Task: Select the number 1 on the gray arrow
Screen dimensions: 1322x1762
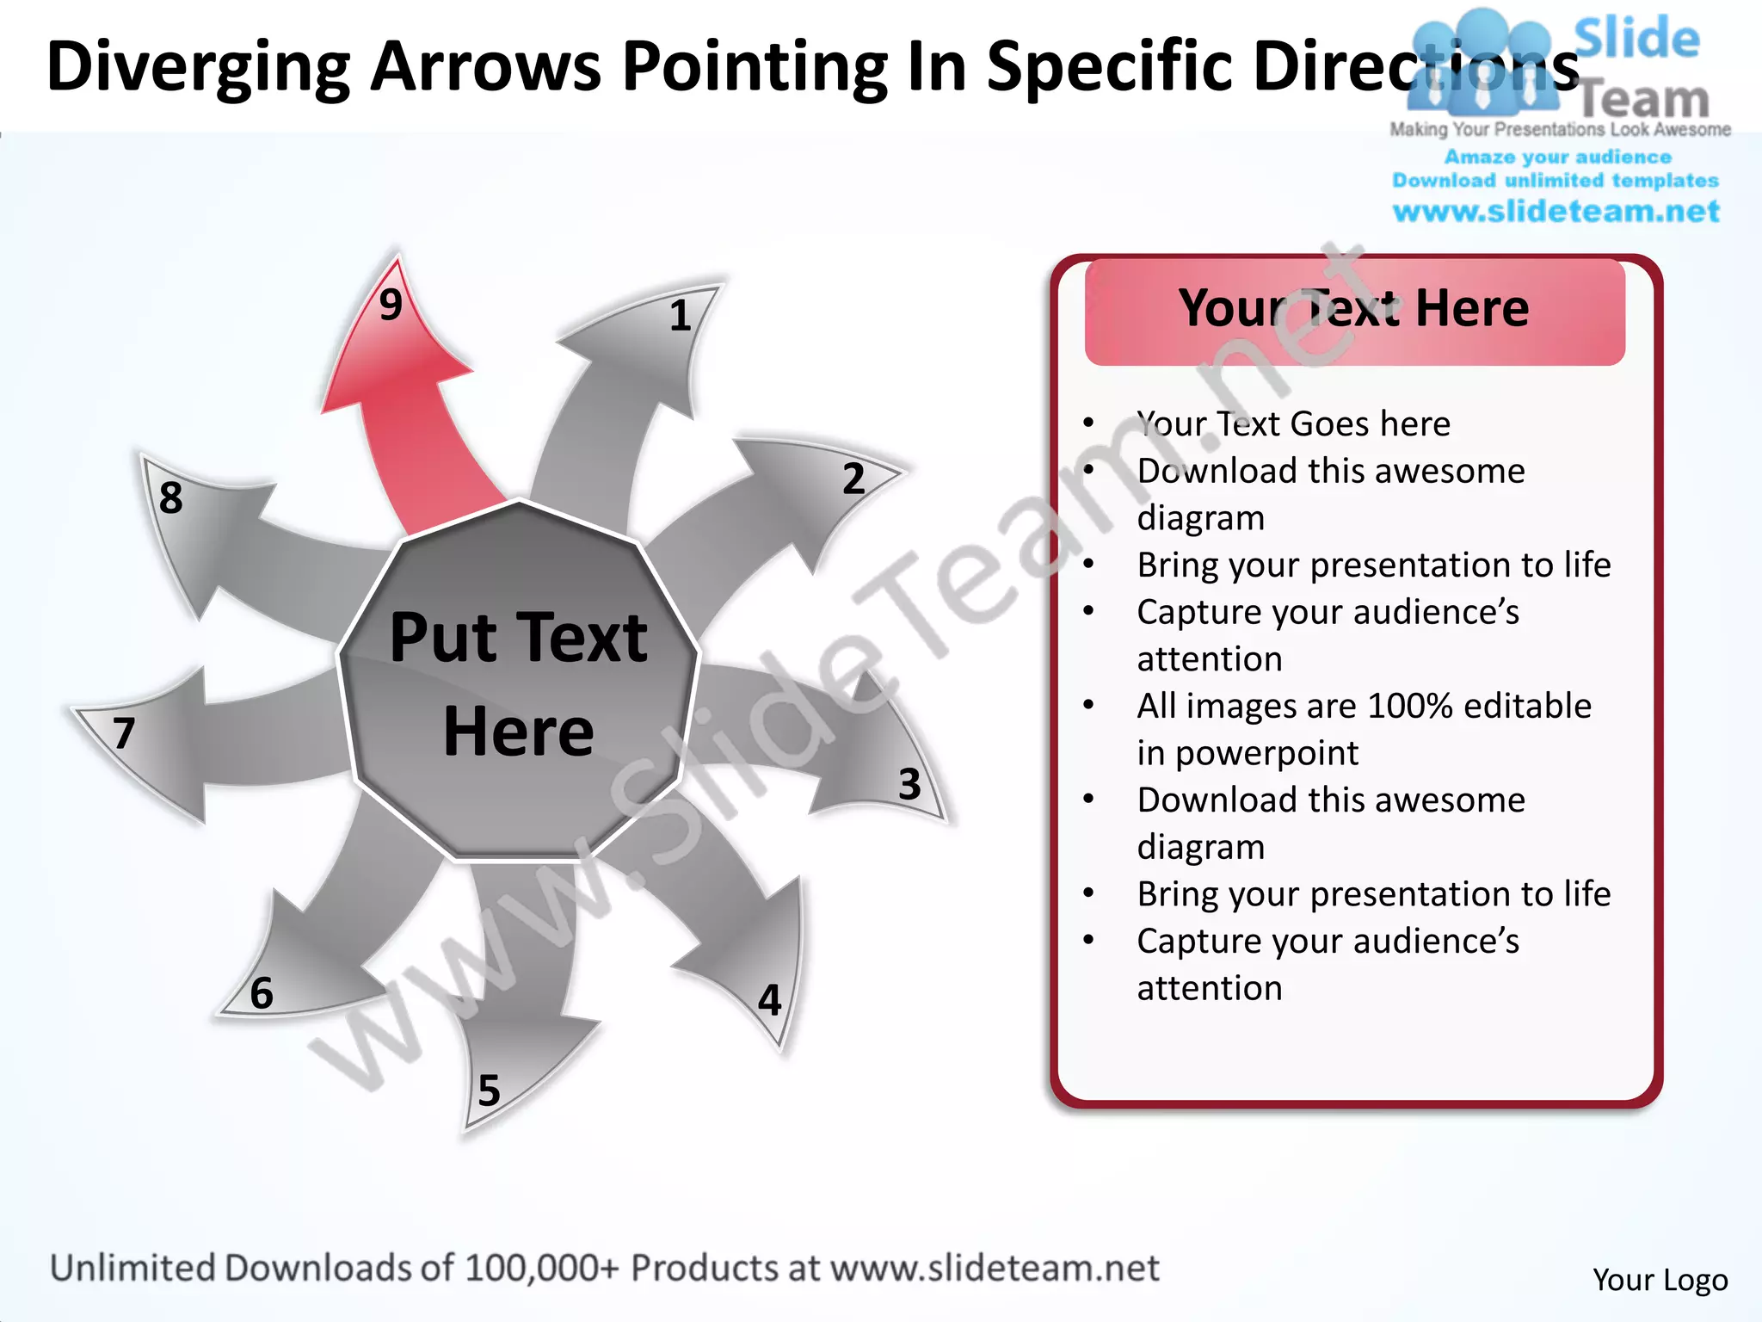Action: point(680,316)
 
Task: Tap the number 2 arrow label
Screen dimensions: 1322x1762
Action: point(853,479)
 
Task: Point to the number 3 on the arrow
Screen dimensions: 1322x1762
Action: point(909,784)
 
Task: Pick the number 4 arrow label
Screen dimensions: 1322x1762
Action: point(769,1000)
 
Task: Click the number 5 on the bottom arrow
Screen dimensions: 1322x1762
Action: point(489,1090)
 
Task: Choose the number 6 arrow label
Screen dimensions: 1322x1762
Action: point(261,993)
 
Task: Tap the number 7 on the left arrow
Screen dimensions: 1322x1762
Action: point(124,733)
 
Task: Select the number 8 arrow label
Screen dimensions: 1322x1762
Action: point(170,497)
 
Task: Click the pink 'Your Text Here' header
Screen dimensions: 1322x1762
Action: point(1354,309)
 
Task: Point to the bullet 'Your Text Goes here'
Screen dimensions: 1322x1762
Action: point(1293,424)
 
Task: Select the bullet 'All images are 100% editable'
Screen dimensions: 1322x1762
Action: point(1364,707)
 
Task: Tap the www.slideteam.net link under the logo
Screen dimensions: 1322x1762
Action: point(1556,212)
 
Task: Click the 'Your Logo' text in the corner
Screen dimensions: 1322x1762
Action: point(1660,1280)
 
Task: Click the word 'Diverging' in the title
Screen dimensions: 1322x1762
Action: point(198,67)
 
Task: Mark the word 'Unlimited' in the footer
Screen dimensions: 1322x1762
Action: point(132,1269)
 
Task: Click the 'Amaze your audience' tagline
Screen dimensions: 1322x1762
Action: point(1557,158)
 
